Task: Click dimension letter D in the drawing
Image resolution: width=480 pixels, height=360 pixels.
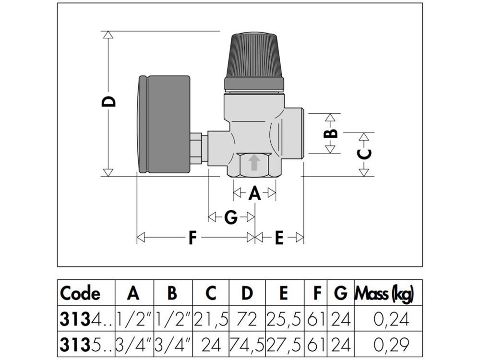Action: tap(108, 102)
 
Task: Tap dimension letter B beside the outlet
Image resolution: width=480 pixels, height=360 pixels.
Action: tap(330, 134)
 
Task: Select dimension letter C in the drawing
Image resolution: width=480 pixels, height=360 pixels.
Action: tap(364, 154)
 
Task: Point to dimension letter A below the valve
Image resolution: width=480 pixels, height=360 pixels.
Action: tap(254, 193)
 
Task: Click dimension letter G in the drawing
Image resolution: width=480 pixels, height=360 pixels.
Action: tap(231, 217)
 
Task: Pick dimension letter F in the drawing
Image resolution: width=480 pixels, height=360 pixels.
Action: tap(192, 238)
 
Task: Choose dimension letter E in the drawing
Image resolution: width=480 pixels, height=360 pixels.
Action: tap(279, 238)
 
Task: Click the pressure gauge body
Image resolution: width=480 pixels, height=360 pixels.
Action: tap(163, 125)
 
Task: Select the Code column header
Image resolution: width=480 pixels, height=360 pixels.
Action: tap(80, 293)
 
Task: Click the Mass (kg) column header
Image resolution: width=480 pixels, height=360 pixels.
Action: tap(384, 294)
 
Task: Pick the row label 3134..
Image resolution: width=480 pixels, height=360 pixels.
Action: tap(86, 320)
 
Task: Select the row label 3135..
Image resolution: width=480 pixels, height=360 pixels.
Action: tap(86, 345)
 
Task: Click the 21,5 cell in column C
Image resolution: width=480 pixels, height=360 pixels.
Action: tap(211, 320)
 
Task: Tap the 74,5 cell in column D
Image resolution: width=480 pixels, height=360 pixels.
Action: tap(247, 345)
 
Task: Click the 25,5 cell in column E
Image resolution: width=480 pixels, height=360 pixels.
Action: tap(285, 320)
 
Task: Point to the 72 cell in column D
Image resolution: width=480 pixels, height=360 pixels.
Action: tap(247, 320)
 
